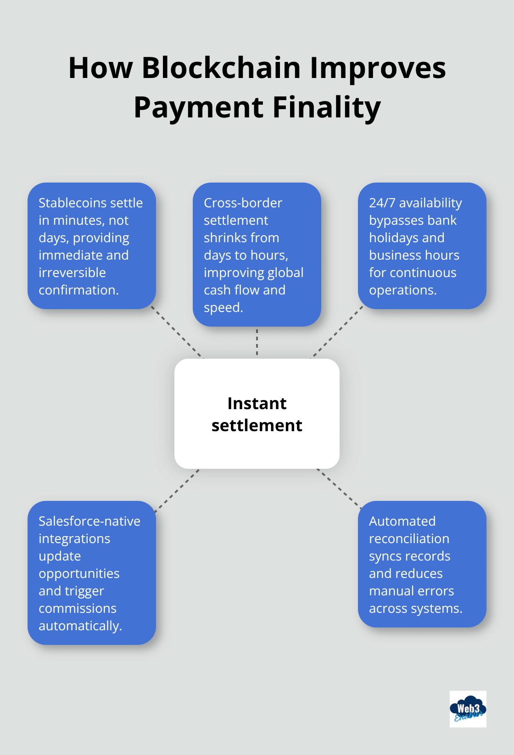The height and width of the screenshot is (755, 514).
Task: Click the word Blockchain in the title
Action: [x=221, y=68]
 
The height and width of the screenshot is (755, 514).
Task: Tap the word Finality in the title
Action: [x=327, y=108]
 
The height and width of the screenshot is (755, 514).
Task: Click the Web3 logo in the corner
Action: [x=468, y=709]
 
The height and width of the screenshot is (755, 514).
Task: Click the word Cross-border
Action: [x=243, y=203]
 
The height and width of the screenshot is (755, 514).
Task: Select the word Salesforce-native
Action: [x=89, y=521]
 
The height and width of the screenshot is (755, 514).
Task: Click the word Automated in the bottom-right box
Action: [x=402, y=521]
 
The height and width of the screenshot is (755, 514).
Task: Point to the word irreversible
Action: [x=72, y=272]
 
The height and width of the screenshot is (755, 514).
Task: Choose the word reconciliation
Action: [x=409, y=538]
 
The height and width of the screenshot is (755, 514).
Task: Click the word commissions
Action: [x=78, y=608]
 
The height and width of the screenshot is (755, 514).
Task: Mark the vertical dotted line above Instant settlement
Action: [x=257, y=342]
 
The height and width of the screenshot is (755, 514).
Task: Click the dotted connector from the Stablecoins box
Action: [x=177, y=333]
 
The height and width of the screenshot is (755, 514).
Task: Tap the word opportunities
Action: [x=79, y=573]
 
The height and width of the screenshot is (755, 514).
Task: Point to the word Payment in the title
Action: [x=198, y=108]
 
